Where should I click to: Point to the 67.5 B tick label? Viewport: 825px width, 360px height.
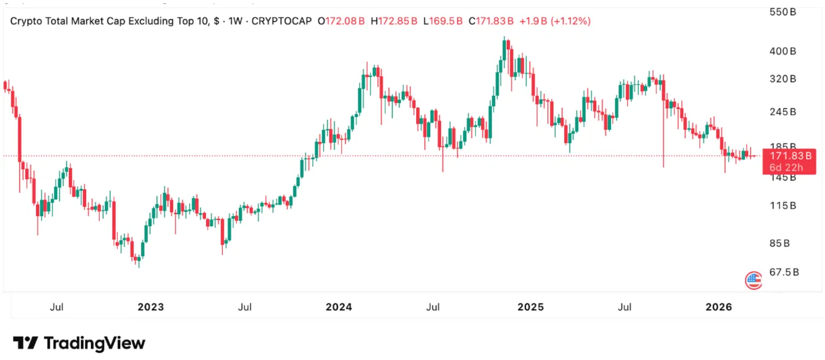click(x=784, y=272)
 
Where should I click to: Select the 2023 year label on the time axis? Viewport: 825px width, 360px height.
click(x=150, y=307)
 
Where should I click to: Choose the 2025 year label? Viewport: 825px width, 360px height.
click(x=530, y=307)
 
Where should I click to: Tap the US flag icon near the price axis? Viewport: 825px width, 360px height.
click(x=753, y=280)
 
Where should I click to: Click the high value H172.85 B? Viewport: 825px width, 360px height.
click(x=394, y=21)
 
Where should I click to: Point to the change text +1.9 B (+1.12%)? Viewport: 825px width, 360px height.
click(x=555, y=21)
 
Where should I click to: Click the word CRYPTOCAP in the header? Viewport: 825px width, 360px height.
click(x=281, y=21)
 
